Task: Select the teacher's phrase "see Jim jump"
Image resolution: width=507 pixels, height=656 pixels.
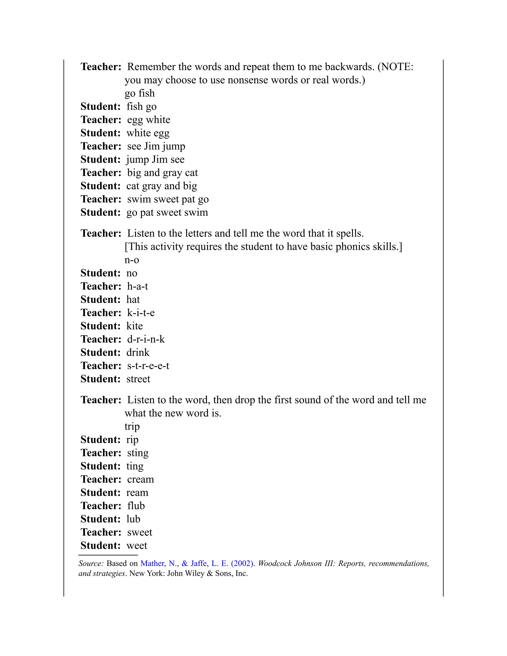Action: pyautogui.click(x=156, y=146)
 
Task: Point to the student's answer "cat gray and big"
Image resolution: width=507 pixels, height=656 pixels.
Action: pyautogui.click(x=162, y=186)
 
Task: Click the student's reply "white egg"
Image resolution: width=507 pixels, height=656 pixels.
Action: pyautogui.click(x=148, y=133)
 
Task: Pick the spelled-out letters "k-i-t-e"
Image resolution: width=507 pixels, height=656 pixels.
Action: pyautogui.click(x=141, y=313)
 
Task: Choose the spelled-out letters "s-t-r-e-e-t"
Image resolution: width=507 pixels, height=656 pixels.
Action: pyautogui.click(x=148, y=366)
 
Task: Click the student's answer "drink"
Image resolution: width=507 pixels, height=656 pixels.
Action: pyautogui.click(x=138, y=352)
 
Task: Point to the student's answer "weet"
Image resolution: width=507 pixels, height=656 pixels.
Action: pyautogui.click(x=137, y=545)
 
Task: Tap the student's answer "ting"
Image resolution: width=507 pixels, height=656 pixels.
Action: pyautogui.click(x=135, y=466)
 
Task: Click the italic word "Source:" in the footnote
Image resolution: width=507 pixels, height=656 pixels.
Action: pyautogui.click(x=91, y=563)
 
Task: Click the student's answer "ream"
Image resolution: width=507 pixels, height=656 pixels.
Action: pyautogui.click(x=137, y=492)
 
